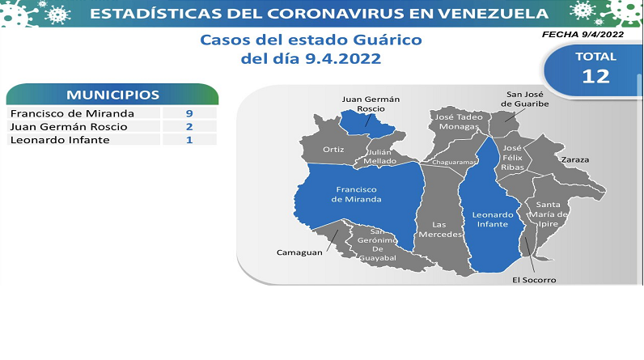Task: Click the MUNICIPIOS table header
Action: click(112, 95)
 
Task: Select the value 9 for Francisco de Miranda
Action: click(189, 113)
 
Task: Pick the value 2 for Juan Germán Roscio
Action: click(189, 126)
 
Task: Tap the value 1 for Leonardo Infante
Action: click(189, 140)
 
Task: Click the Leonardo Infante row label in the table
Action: click(60, 140)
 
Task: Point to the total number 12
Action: click(596, 76)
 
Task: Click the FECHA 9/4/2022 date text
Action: click(583, 35)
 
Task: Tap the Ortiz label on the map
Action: click(333, 150)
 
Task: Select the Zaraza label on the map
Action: click(575, 159)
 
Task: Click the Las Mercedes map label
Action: click(440, 230)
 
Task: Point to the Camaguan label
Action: click(299, 252)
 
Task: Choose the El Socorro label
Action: click(534, 280)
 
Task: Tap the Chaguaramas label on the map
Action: click(454, 162)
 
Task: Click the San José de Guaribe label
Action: click(525, 100)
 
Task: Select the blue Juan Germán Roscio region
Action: click(366, 124)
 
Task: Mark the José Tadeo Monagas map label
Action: click(459, 121)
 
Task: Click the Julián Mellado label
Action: click(380, 156)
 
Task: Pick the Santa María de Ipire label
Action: click(549, 214)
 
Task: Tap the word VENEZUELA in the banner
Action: click(493, 14)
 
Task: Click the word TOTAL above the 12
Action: click(596, 57)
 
